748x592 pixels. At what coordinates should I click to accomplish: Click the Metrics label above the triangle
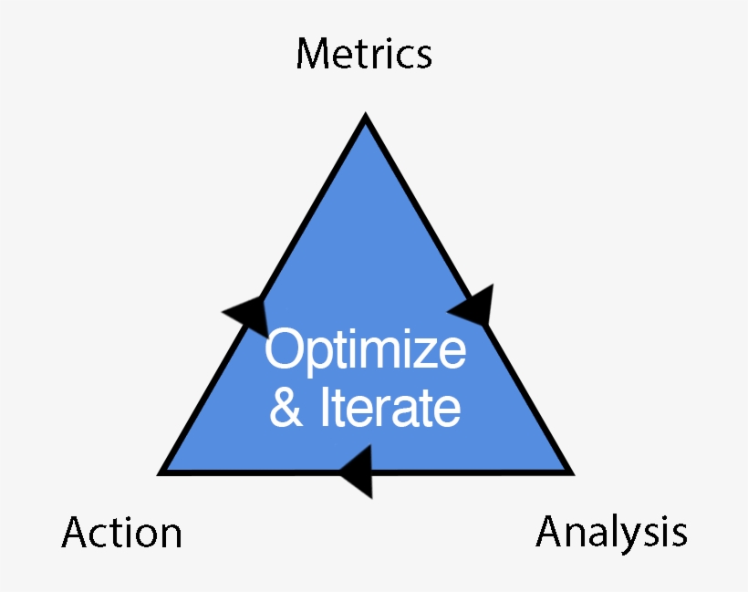pyautogui.click(x=364, y=54)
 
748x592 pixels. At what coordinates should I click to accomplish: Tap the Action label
pyautogui.click(x=121, y=533)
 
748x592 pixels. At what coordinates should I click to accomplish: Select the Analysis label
pyautogui.click(x=611, y=531)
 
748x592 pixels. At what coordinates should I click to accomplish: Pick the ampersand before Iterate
pyautogui.click(x=286, y=409)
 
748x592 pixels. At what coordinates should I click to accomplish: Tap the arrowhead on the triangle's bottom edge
pyautogui.click(x=358, y=472)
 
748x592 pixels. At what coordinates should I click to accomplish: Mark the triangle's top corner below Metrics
pyautogui.click(x=366, y=119)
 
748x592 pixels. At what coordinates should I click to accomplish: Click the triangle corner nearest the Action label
pyautogui.click(x=163, y=472)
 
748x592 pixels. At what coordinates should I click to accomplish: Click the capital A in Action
pyautogui.click(x=77, y=532)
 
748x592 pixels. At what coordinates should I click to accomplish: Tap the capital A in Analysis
pyautogui.click(x=551, y=531)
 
